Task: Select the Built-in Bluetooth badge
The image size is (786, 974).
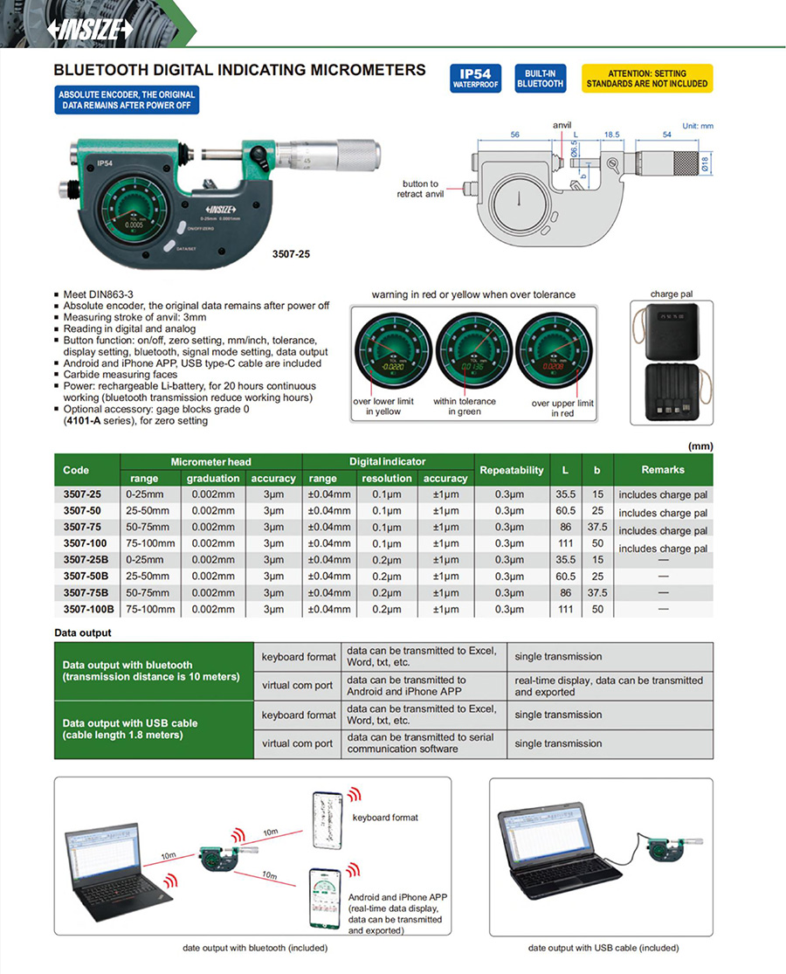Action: (x=540, y=79)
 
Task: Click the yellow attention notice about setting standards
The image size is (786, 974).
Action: (x=647, y=79)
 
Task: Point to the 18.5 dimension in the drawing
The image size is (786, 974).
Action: (x=610, y=135)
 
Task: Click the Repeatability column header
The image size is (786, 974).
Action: (x=512, y=470)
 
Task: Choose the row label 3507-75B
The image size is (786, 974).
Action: (x=86, y=593)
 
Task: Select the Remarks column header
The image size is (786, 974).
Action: (x=663, y=470)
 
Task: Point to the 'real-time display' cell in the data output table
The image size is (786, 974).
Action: (x=609, y=686)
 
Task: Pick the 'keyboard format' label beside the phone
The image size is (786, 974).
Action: (x=385, y=818)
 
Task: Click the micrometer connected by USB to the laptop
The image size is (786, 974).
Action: (x=664, y=848)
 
